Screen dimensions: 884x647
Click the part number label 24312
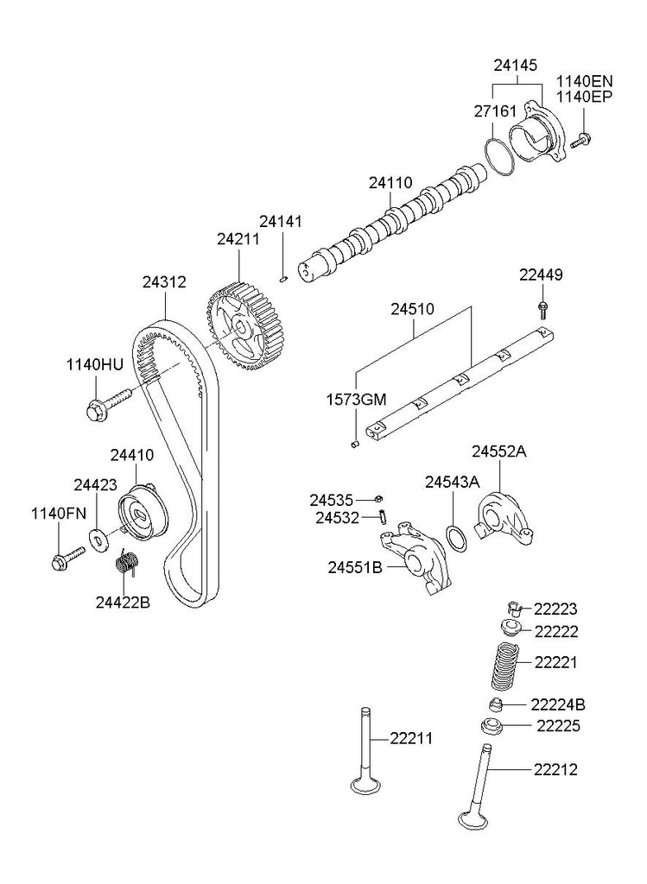pos(164,281)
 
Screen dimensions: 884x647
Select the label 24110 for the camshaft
pos(391,182)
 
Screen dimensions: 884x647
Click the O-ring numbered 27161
pos(498,157)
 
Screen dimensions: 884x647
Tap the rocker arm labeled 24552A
pos(505,519)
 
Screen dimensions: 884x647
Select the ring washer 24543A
pos(458,539)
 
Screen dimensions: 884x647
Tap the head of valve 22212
pos(474,819)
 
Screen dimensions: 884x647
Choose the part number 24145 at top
pos(517,64)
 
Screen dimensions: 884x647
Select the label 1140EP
pos(584,96)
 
